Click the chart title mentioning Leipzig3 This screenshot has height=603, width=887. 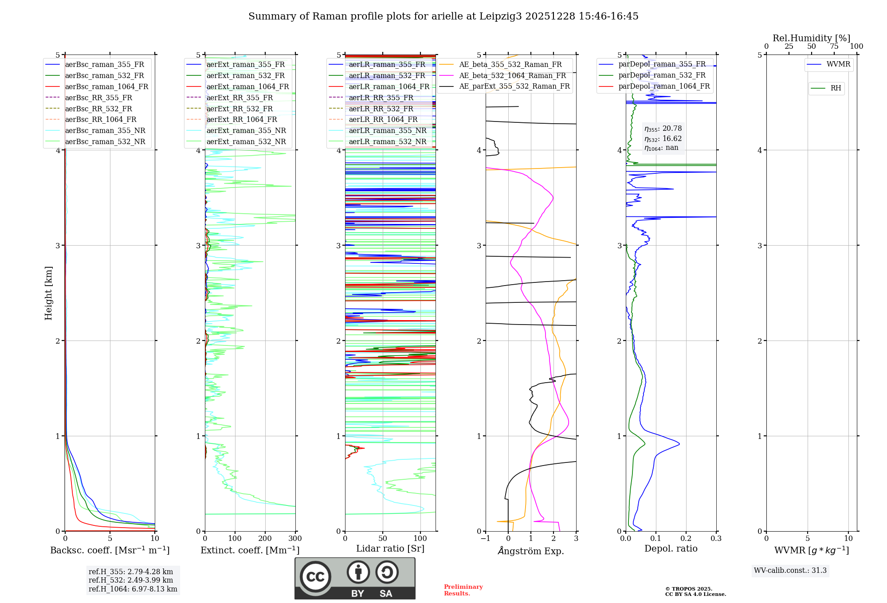point(443,16)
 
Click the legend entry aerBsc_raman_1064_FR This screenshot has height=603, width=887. point(106,86)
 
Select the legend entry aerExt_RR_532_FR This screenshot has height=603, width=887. point(239,109)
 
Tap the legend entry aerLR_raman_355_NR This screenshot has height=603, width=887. point(387,130)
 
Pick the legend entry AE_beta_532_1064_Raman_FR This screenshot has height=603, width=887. point(512,75)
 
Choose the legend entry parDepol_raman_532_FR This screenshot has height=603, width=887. point(662,75)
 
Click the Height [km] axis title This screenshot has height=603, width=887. point(48,293)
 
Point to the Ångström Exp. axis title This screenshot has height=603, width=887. point(531,551)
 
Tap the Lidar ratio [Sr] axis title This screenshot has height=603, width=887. point(390,548)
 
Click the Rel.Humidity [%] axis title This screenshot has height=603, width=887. point(811,38)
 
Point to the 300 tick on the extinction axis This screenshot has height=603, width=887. point(295,539)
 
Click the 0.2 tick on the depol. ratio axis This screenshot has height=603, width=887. point(686,539)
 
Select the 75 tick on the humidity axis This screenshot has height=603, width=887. point(834,47)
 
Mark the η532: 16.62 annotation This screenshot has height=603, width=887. point(663,139)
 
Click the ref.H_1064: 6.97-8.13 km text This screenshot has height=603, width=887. point(133,589)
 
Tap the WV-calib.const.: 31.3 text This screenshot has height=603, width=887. point(790,571)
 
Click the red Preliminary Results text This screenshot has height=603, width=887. point(463,590)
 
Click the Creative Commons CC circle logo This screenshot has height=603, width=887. point(315,577)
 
